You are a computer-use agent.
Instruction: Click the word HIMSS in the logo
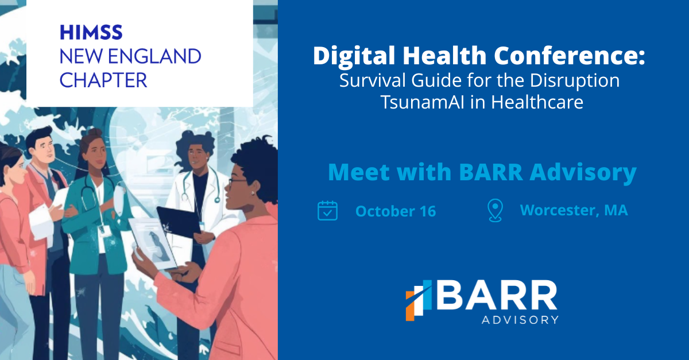click(91, 33)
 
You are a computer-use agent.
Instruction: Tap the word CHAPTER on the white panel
click(103, 80)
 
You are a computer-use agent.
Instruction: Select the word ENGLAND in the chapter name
click(154, 56)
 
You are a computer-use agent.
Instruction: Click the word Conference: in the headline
click(570, 55)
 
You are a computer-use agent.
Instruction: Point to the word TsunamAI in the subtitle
click(422, 102)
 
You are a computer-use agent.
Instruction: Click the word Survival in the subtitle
click(373, 80)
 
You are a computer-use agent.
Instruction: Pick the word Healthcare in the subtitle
click(537, 102)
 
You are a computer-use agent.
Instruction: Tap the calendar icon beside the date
click(327, 211)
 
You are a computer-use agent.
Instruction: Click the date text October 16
click(396, 211)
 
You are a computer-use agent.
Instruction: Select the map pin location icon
click(495, 210)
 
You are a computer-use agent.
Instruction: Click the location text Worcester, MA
click(574, 210)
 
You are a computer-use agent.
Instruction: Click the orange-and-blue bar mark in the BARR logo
click(419, 300)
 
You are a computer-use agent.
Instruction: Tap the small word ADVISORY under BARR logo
click(520, 320)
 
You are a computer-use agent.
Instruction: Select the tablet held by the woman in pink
click(153, 243)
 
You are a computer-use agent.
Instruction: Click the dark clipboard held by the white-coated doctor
click(179, 222)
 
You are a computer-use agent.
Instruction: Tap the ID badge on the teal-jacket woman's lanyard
click(106, 231)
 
